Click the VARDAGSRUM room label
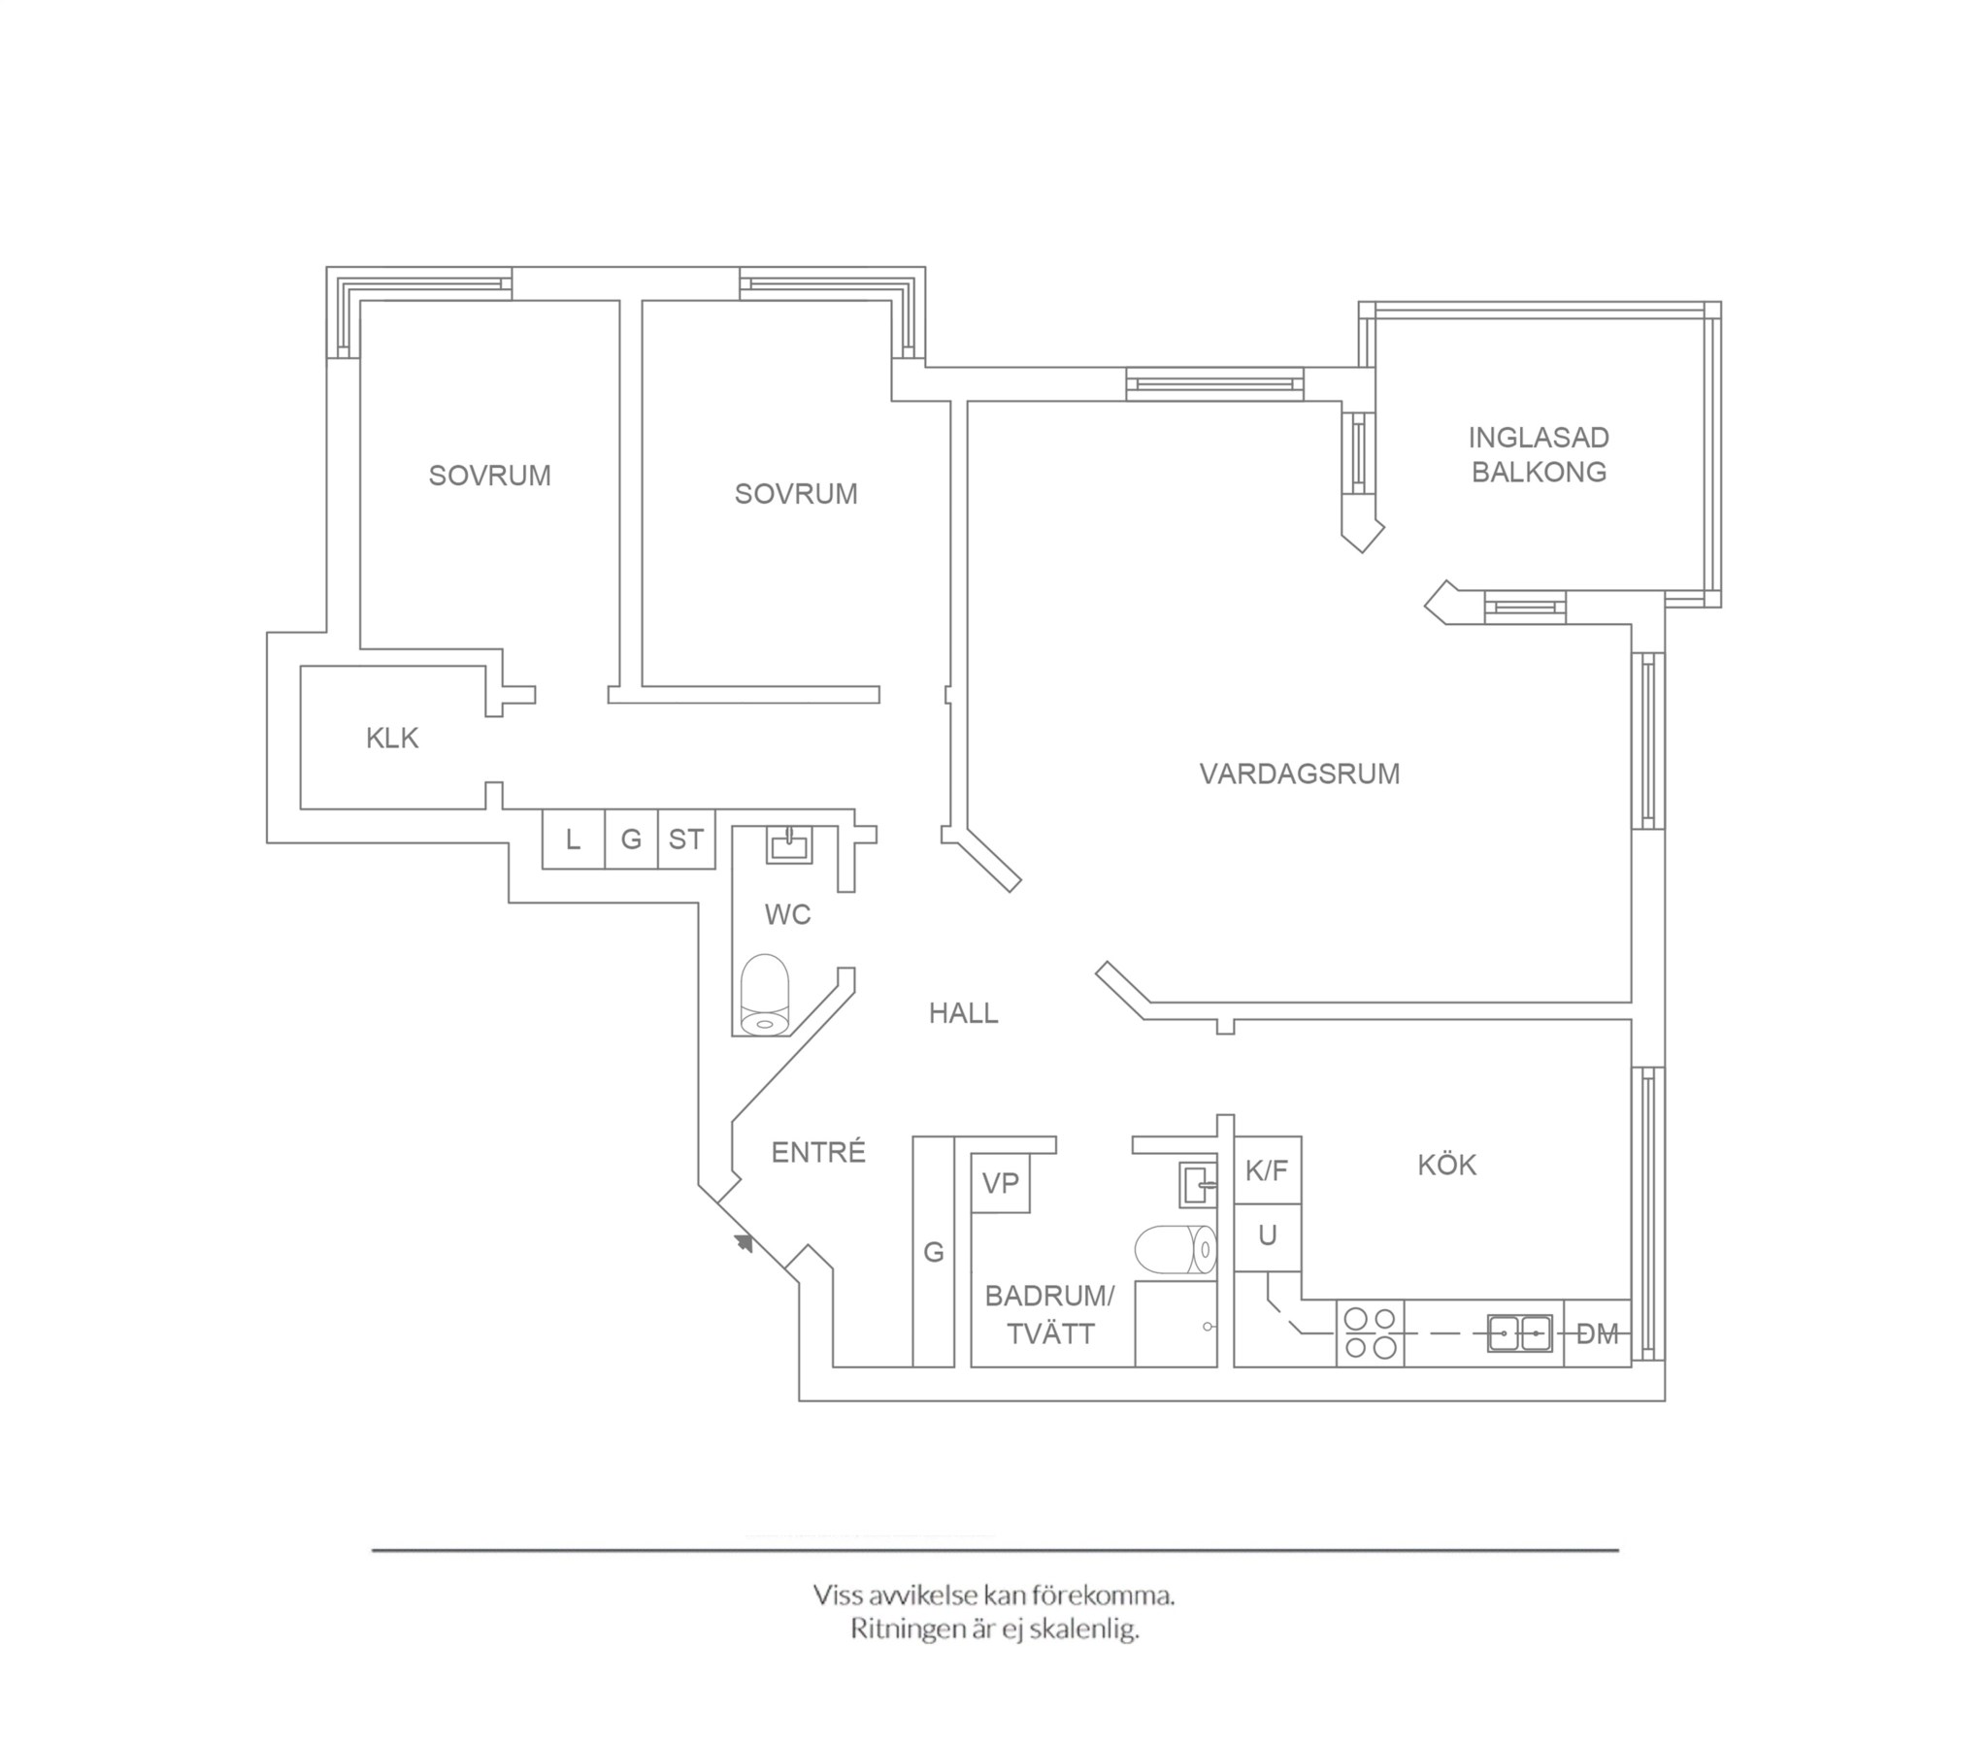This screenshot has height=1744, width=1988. (1300, 774)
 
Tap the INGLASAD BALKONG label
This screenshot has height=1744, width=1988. (1539, 455)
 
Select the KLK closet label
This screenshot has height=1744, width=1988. (392, 739)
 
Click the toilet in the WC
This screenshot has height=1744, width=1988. (765, 994)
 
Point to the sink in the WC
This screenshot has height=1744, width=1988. (790, 844)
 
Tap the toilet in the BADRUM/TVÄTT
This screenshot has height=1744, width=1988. (1176, 1250)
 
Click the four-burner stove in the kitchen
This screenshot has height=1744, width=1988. (1371, 1333)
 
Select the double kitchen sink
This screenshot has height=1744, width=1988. (1519, 1333)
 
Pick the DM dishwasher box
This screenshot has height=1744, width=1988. (1597, 1333)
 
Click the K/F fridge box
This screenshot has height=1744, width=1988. (1268, 1170)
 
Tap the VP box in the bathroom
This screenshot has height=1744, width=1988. (1001, 1183)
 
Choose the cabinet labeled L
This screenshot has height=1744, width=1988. (573, 839)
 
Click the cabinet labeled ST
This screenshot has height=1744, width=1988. (686, 839)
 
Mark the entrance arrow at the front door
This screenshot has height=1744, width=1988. (744, 1242)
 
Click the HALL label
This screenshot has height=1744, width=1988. (963, 1013)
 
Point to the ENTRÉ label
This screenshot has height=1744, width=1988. (818, 1152)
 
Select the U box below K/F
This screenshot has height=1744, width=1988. (1268, 1237)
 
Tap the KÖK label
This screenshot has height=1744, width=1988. (1446, 1165)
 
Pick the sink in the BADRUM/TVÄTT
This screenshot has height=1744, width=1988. (1198, 1185)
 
